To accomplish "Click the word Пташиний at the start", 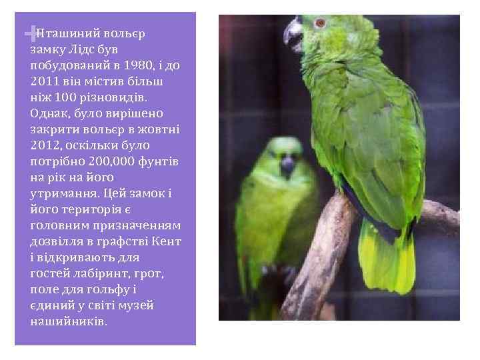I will tap(67, 33).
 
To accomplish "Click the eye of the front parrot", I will tap(321, 23).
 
